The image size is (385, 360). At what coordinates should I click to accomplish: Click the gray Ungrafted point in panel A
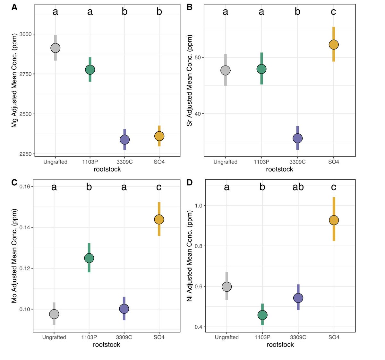tap(55, 48)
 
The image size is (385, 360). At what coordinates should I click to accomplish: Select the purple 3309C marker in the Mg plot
tap(124, 140)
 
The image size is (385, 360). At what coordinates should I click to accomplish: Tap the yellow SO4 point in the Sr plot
tap(334, 45)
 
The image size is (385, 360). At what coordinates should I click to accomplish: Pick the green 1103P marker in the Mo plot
tap(89, 258)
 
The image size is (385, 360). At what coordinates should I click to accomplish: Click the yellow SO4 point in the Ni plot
tap(334, 220)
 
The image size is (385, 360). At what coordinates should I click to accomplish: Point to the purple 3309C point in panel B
tap(297, 138)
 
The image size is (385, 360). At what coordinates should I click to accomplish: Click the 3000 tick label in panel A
tap(26, 34)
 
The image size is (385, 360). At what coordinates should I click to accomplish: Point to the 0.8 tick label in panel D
tap(199, 246)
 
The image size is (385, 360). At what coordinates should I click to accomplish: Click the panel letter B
tap(190, 7)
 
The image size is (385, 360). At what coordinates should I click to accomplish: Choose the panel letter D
tap(190, 183)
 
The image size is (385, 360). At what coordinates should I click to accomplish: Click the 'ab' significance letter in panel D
tap(298, 187)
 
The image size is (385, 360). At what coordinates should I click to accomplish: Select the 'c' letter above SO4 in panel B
tap(333, 12)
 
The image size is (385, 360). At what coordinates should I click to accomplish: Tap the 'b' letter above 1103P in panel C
tap(89, 187)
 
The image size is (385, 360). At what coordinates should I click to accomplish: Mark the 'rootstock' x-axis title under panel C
tap(107, 345)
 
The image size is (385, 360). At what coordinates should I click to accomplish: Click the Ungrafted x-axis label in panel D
tap(227, 337)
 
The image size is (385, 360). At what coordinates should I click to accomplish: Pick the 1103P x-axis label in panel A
tap(90, 162)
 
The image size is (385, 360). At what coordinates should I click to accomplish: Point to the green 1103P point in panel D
tap(262, 315)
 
